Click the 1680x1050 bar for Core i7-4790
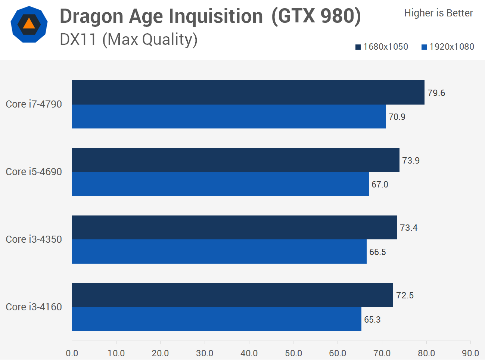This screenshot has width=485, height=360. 248,92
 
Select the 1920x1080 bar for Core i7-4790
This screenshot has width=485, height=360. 229,117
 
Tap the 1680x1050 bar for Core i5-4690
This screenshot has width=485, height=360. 236,160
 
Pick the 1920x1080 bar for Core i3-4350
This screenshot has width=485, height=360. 219,252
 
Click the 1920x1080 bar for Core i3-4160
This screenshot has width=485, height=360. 217,319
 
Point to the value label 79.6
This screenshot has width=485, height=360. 436,93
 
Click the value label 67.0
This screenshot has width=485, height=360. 380,184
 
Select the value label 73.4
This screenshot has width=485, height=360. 408,228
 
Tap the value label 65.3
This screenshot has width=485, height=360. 372,320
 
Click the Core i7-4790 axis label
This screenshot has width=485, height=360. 34,104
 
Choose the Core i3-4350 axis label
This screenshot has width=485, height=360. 34,239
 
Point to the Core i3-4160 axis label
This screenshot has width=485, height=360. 34,307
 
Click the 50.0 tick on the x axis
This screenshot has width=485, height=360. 293,353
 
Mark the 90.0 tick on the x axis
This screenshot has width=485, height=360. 470,353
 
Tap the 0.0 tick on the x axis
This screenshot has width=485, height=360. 72,353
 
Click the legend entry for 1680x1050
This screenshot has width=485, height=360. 382,47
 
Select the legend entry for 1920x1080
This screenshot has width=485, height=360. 448,47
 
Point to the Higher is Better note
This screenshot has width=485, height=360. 438,13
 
